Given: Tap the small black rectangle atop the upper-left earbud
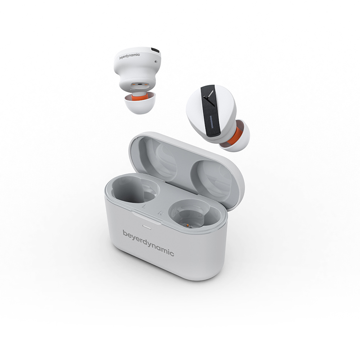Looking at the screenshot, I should pyautogui.click(x=155, y=49).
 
